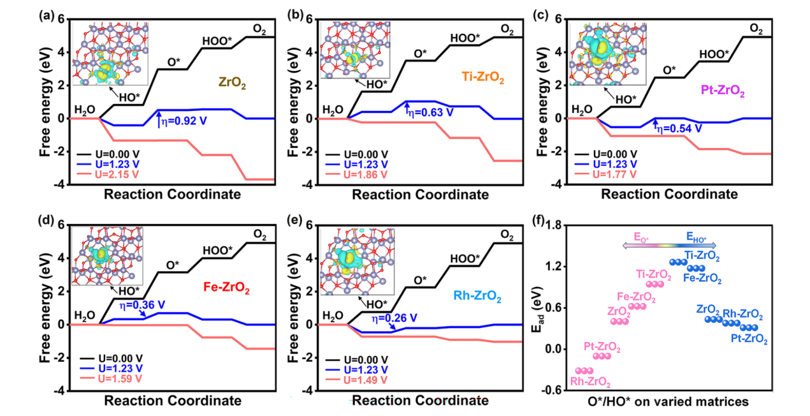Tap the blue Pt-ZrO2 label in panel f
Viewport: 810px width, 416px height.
pos(749,340)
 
